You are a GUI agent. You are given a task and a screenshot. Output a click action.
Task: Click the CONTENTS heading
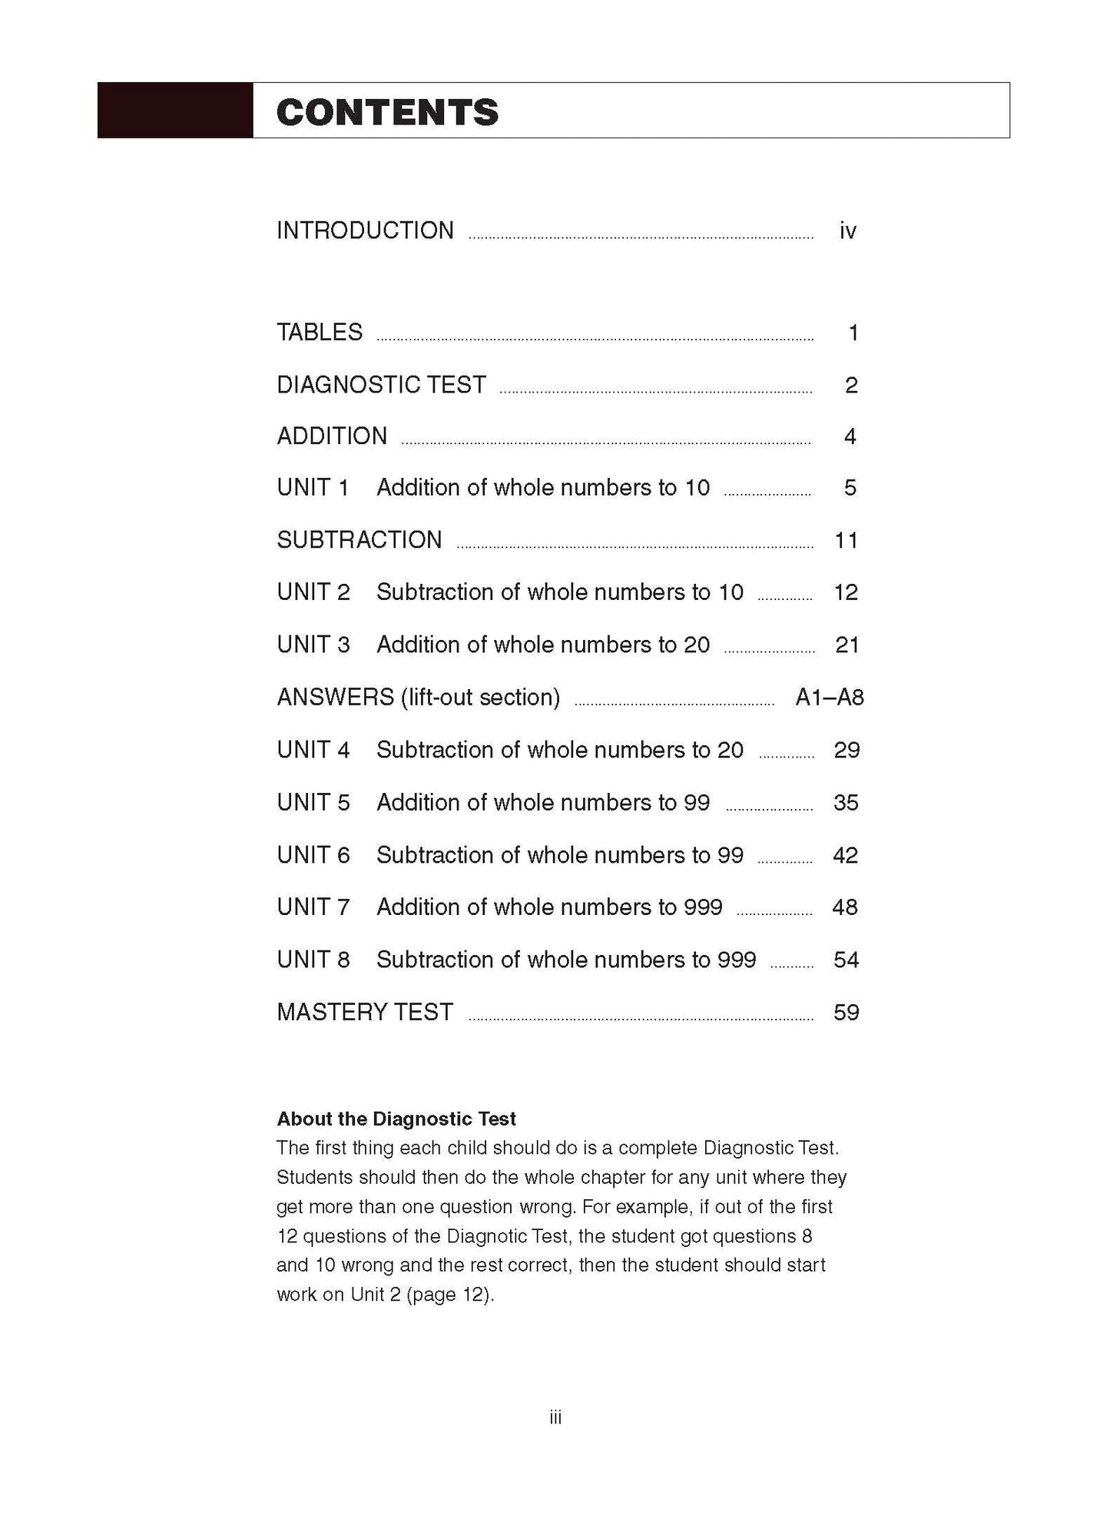click(387, 112)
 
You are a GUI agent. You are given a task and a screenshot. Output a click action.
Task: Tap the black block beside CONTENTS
click(175, 111)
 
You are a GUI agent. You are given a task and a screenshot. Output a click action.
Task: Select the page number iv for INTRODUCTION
click(847, 230)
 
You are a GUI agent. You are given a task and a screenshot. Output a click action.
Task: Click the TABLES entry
click(320, 333)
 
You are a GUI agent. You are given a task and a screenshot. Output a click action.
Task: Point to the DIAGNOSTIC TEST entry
click(381, 385)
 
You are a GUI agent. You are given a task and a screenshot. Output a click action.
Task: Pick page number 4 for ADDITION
click(850, 436)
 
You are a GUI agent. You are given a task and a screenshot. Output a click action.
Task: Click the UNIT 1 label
click(313, 488)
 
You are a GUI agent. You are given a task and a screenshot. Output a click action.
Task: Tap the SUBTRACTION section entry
click(360, 540)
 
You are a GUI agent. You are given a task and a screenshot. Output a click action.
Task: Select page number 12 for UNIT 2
click(846, 592)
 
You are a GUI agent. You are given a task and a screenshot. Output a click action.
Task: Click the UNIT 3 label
click(313, 645)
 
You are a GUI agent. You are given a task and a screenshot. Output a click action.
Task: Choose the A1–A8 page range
click(830, 698)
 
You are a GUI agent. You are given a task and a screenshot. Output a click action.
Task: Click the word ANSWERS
click(335, 698)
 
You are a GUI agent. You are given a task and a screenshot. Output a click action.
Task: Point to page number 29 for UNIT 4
click(847, 750)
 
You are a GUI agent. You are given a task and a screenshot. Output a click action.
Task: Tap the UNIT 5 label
click(313, 803)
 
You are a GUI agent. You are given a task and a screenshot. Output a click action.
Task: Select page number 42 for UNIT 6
click(845, 855)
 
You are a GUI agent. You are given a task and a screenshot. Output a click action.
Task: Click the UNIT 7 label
click(313, 907)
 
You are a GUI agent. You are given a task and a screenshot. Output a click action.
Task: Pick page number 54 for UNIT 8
click(846, 960)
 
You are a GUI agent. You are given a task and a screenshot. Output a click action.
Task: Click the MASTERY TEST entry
click(365, 1013)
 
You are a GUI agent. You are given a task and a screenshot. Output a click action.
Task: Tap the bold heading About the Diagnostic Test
click(396, 1119)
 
